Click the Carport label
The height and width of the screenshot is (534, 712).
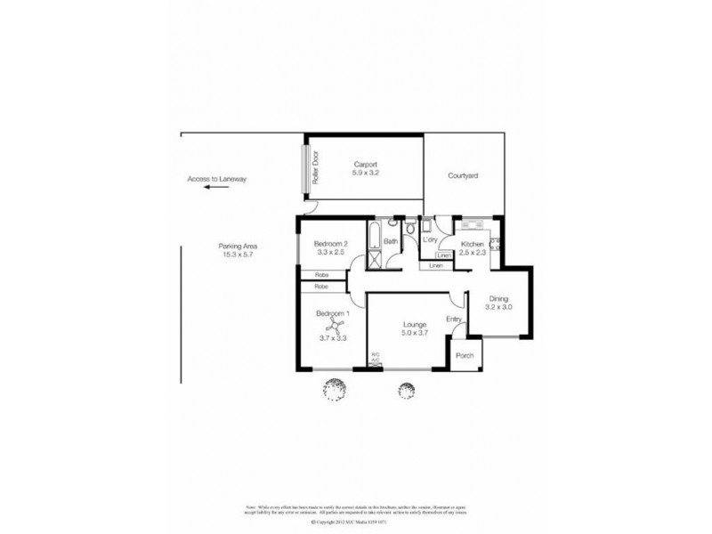point(366,165)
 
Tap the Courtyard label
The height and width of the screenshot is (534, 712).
point(463,176)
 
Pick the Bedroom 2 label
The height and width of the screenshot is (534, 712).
point(331,245)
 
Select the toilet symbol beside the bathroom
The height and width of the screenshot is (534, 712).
point(409,231)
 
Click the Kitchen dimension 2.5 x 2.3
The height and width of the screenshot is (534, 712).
point(472,254)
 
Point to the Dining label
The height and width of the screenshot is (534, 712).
point(498,299)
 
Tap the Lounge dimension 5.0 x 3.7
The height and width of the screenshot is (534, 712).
point(414,334)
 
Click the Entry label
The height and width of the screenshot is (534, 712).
point(454,320)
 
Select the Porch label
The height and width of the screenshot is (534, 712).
point(465,356)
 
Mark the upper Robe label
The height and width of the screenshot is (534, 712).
point(322,275)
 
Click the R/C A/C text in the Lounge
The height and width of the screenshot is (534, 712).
point(376,358)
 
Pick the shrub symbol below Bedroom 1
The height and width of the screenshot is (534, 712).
point(334,389)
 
